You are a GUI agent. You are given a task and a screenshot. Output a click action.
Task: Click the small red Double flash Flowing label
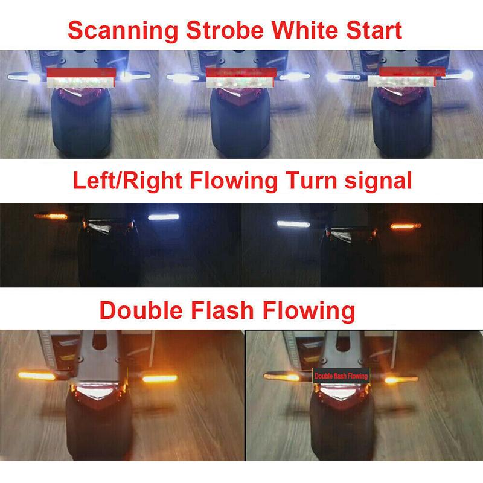tap(341, 376)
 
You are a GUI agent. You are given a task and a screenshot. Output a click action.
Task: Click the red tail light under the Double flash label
tap(341, 395)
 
